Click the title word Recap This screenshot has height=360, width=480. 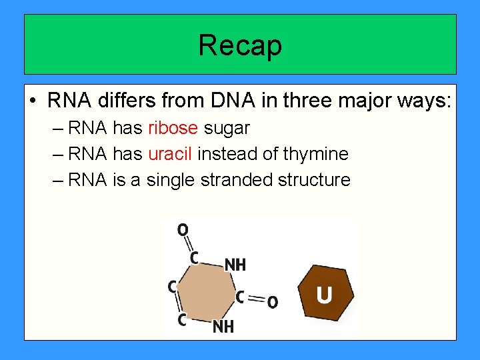point(240,45)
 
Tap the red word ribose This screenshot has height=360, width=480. point(173,128)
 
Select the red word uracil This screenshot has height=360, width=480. point(170,154)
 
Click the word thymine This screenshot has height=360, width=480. point(315,154)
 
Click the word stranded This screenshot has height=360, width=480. point(228,180)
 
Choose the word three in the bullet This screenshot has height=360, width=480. point(311,101)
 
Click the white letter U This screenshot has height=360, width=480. point(325,295)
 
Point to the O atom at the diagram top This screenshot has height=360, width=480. point(182,230)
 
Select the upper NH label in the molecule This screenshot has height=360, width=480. point(235,265)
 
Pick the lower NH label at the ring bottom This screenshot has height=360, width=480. point(223,327)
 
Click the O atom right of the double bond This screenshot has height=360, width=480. point(272,303)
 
